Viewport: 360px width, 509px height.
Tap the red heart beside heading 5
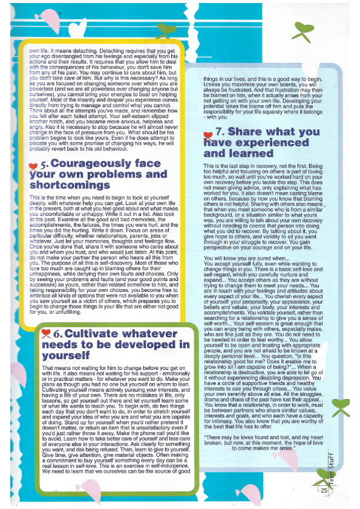pyautogui.click(x=34, y=165)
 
